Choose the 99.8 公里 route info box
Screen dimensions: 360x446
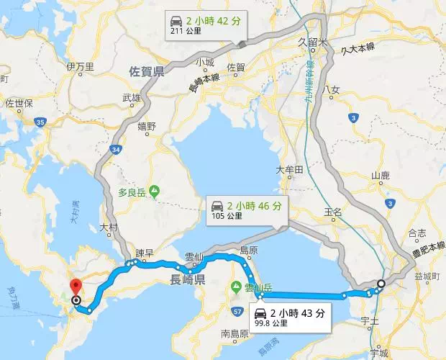coord(290,318)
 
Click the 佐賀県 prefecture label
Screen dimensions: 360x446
coord(147,72)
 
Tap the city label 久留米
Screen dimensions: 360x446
coord(312,42)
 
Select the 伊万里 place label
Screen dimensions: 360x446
coord(81,67)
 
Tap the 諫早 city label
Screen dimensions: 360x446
coord(145,253)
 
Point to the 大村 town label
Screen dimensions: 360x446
coord(109,227)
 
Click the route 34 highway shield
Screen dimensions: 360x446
coord(117,149)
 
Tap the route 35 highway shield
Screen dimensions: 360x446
coord(41,124)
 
